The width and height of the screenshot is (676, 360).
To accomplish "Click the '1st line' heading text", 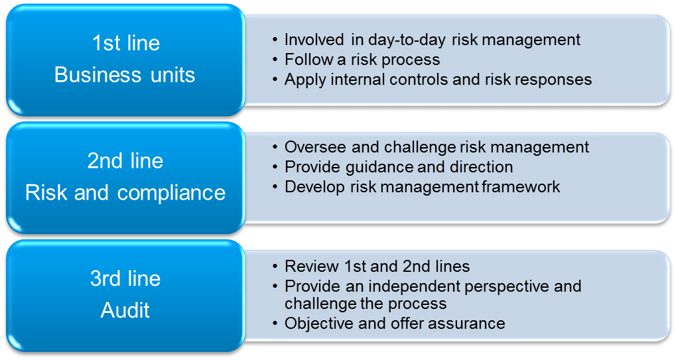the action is point(126,43).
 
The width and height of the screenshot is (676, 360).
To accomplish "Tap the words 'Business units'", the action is point(125,74).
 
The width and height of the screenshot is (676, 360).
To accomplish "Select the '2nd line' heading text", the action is point(125,160).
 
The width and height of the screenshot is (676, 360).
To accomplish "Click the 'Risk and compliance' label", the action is point(125,192).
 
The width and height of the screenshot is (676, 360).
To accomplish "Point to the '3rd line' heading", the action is point(125,278).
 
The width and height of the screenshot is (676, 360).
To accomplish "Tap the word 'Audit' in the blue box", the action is point(125,310).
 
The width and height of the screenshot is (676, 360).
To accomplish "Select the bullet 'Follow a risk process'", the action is point(362,60).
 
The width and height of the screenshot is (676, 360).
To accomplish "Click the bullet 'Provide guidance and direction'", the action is point(399,167).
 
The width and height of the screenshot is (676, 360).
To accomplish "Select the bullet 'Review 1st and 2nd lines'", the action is point(377,266).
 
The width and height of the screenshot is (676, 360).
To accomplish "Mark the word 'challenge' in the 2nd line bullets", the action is point(419,147).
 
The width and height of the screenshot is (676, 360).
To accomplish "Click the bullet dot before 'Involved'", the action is point(275,40).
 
